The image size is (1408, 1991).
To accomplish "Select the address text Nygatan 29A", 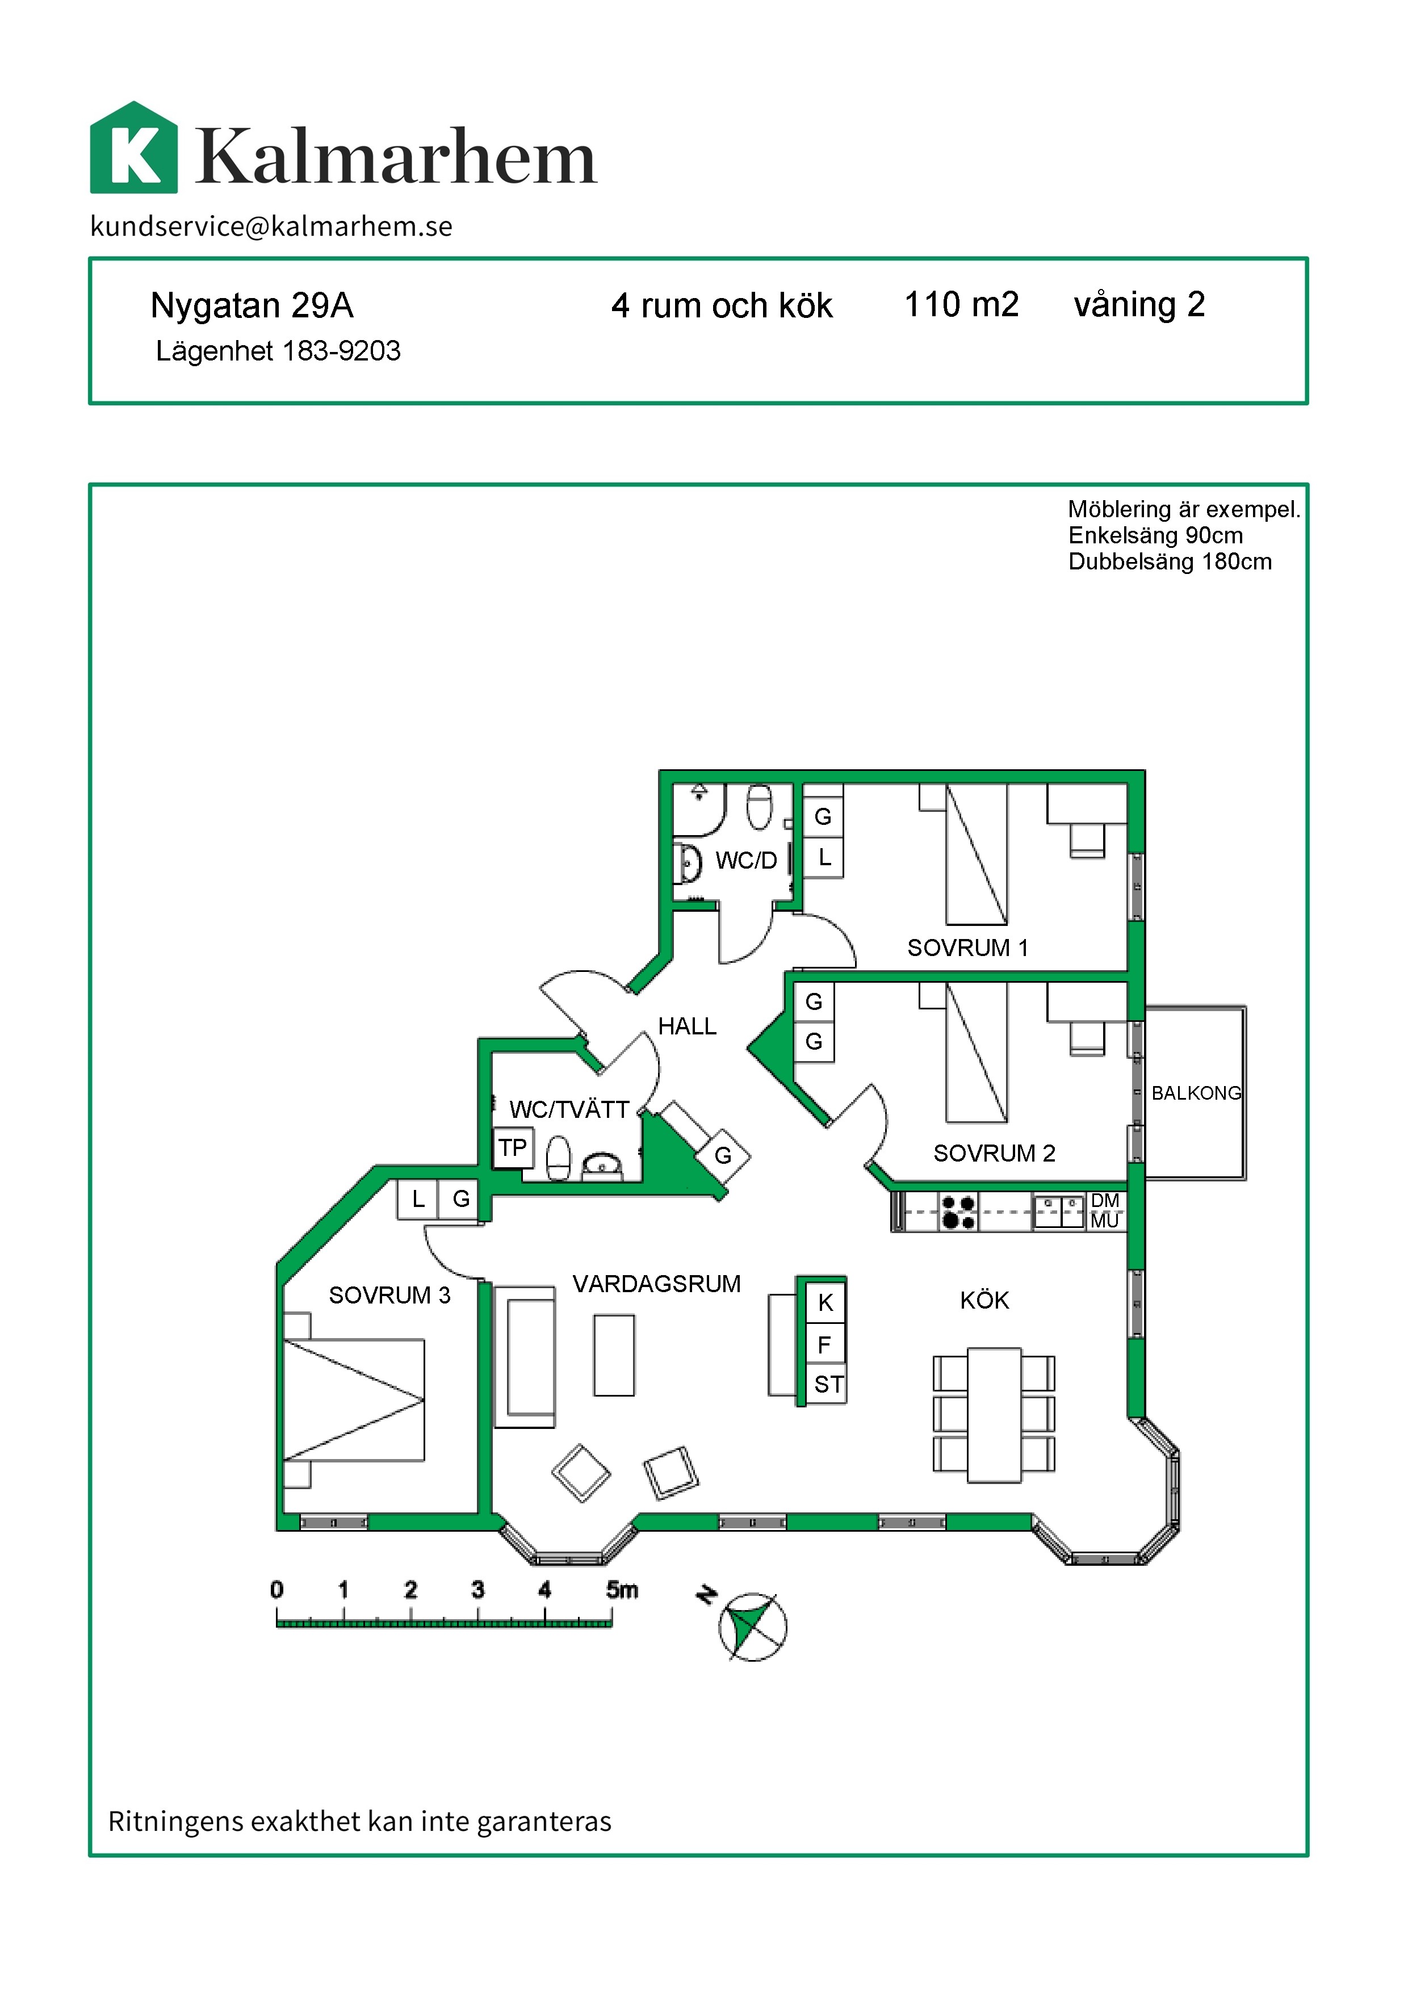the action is tap(252, 305).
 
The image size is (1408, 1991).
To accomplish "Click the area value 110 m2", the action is tap(962, 304).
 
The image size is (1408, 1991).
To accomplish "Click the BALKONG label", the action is tap(1196, 1093).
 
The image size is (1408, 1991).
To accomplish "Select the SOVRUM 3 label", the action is tap(389, 1296).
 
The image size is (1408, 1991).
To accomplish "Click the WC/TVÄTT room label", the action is tap(569, 1109).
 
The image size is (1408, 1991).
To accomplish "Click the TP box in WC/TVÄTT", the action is tap(513, 1148).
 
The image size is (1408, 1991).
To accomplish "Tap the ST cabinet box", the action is tap(827, 1385).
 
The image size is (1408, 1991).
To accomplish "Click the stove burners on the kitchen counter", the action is tap(958, 1212).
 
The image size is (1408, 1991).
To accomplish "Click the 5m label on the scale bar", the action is tap(622, 1590).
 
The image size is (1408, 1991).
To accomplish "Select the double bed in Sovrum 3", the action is tap(354, 1401).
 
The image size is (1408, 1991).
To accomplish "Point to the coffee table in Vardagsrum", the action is tap(614, 1355).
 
